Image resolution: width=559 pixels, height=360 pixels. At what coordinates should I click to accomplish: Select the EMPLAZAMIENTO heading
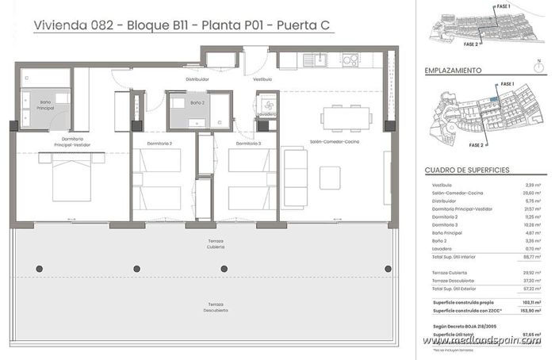click(x=454, y=71)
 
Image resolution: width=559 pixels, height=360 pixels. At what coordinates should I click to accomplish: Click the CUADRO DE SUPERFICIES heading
click(x=466, y=170)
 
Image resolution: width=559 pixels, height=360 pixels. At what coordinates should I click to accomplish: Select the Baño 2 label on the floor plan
click(x=197, y=103)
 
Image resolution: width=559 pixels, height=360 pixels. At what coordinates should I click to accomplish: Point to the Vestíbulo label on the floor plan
click(x=262, y=79)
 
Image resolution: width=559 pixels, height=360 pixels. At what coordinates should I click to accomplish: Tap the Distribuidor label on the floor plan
click(x=197, y=79)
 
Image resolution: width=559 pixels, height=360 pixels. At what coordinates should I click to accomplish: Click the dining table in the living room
click(x=345, y=117)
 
